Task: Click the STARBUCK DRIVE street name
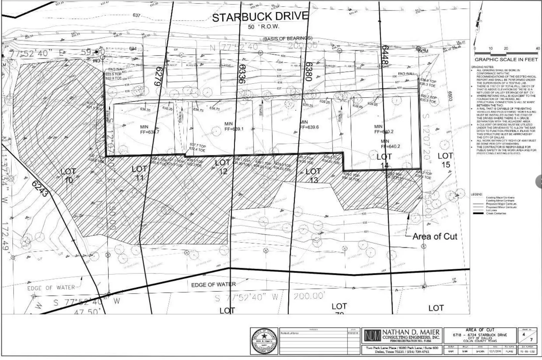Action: point(260,17)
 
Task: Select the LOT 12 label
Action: point(223,167)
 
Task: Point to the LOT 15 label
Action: point(445,160)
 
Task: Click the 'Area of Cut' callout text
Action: point(434,236)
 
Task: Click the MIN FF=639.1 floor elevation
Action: point(234,127)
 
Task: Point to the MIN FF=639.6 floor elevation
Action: point(309,125)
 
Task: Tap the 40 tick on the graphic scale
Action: point(537,48)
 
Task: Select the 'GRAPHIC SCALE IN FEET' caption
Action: point(506,60)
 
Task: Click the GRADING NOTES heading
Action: point(480,67)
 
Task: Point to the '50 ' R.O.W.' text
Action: point(264,27)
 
